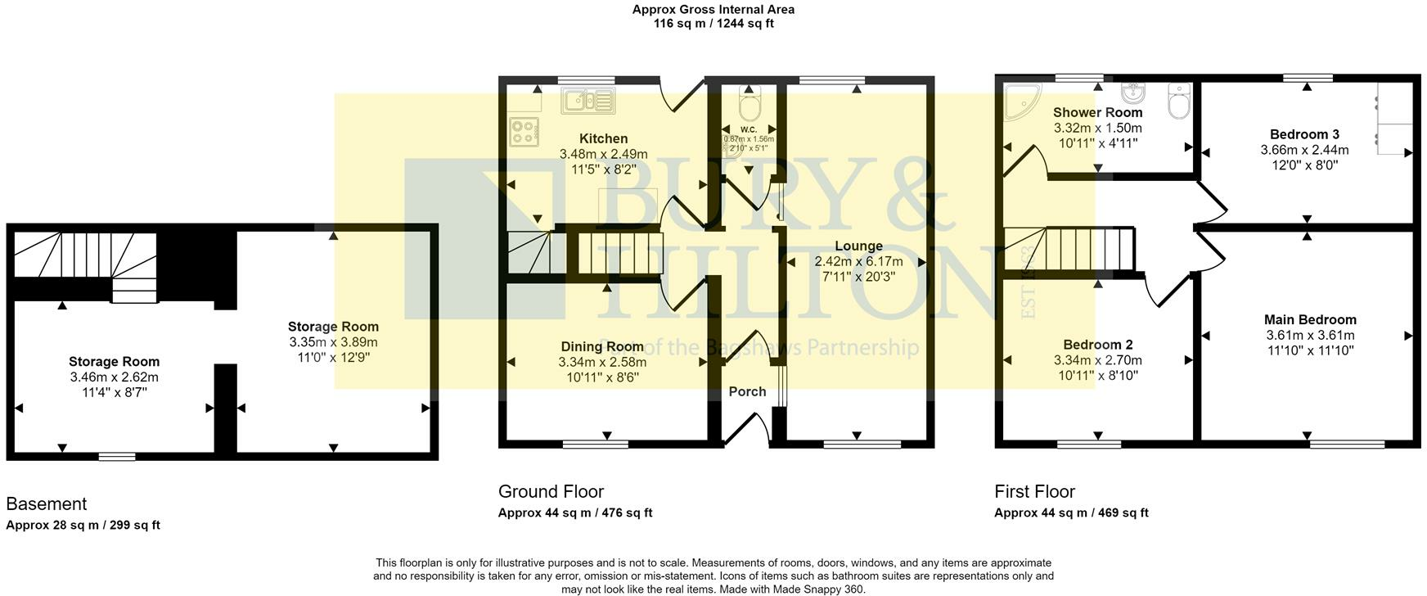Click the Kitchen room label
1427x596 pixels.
click(603, 139)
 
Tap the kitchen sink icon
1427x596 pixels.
click(587, 102)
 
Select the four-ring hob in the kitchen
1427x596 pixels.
click(524, 131)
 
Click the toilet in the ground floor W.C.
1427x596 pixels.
click(749, 103)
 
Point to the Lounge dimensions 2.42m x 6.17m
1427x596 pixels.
click(858, 262)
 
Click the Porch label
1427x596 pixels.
click(747, 392)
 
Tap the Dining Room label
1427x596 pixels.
click(602, 347)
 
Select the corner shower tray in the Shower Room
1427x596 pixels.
click(1020, 100)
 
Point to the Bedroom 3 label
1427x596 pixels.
click(1304, 134)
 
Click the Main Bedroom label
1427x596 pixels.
click(1310, 320)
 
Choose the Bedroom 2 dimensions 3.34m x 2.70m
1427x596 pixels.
click(1097, 360)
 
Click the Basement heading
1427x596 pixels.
click(46, 503)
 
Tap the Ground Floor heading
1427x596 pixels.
click(551, 491)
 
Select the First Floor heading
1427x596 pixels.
click(1034, 491)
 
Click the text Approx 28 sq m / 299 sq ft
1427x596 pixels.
click(83, 526)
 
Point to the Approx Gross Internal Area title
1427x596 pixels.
click(713, 10)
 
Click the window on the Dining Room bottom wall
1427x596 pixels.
click(595, 445)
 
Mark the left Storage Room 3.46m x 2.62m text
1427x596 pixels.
click(114, 377)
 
